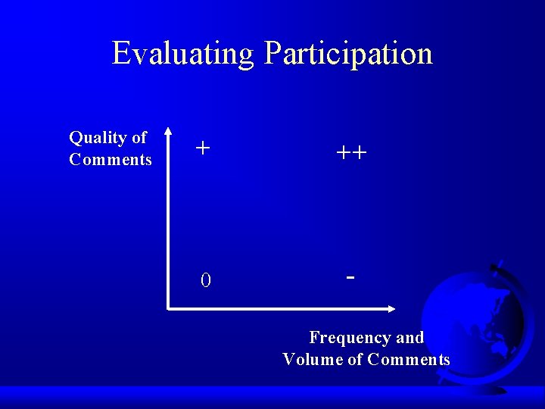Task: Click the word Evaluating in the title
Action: coord(184,54)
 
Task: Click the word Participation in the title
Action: coord(349,54)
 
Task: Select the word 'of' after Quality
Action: coord(139,138)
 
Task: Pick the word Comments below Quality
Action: coord(111,160)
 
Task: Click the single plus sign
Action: coord(202,148)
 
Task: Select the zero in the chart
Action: coord(205,281)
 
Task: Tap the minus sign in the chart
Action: coord(350,277)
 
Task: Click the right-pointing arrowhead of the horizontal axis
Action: coord(391,309)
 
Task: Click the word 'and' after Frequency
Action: coord(410,338)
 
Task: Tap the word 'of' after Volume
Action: coord(355,360)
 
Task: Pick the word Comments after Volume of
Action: coord(409,360)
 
